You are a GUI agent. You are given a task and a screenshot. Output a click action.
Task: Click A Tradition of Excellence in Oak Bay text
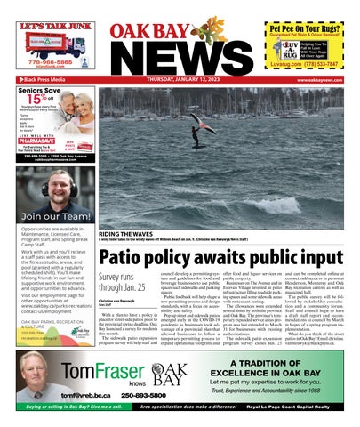282,371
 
